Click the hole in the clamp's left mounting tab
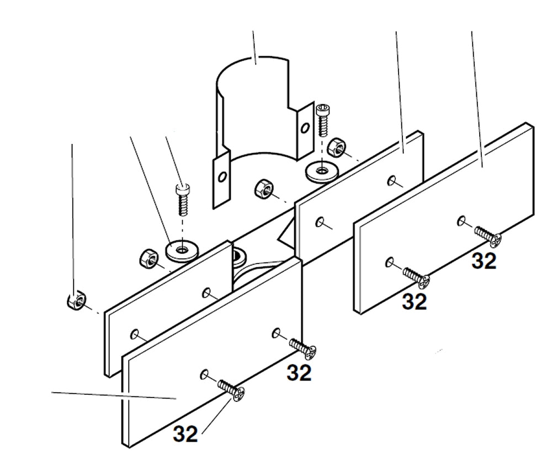222,177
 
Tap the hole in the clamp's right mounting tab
304,128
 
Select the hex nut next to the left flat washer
146,257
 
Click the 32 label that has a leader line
185,434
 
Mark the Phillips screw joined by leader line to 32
232,390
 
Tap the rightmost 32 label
484,261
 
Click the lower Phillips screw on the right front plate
417,277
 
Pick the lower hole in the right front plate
390,262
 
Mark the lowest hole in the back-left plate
135,334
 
